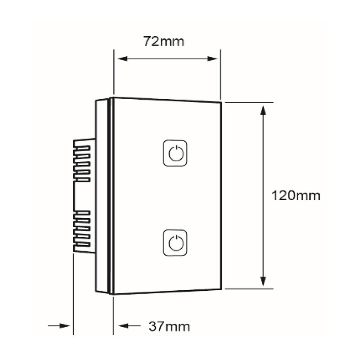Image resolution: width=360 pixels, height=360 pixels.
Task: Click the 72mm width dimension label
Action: point(164,41)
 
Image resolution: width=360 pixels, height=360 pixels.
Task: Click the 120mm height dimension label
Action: point(296,196)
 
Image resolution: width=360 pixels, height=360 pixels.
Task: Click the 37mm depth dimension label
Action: point(169,326)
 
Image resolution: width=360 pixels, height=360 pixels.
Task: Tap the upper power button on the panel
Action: point(175,153)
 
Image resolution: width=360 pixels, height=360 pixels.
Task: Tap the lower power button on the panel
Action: point(175,243)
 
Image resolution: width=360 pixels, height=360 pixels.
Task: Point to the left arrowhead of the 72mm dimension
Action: point(122,59)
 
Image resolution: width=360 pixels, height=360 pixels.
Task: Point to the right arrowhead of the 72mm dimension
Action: point(212,59)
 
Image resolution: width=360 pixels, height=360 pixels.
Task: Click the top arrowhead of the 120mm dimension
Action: point(263,110)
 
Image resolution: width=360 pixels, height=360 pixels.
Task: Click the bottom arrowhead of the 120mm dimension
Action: point(263,281)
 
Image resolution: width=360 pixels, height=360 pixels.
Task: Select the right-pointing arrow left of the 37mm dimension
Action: point(59,325)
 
